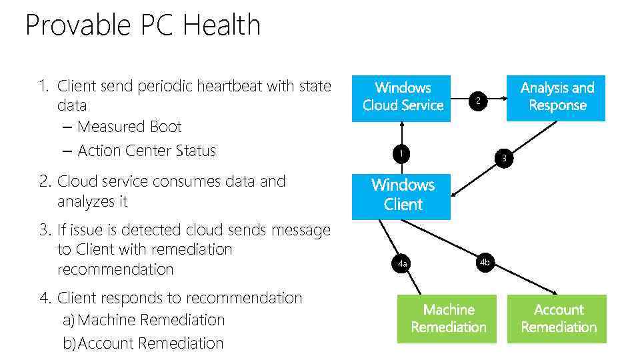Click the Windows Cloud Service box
point(402,97)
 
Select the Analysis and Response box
point(556,97)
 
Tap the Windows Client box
point(402,195)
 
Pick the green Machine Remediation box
point(447,319)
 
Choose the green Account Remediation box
point(557,319)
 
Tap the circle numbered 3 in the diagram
point(505,158)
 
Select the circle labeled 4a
point(402,265)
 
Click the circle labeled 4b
point(485,263)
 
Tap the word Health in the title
point(221,26)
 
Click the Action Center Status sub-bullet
point(147,151)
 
